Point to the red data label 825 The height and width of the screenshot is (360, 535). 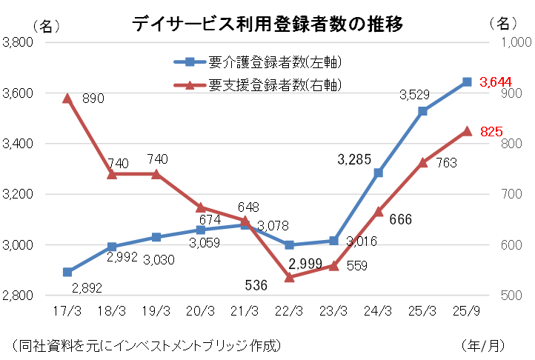click(492, 131)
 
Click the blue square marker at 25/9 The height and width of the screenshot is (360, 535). click(467, 81)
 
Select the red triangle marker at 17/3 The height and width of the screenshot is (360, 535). click(67, 98)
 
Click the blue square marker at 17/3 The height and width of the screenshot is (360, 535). click(67, 272)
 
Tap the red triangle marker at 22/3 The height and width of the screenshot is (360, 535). click(289, 277)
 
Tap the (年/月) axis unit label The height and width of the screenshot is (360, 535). click(482, 345)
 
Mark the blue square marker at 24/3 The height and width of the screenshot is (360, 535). click(378, 173)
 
